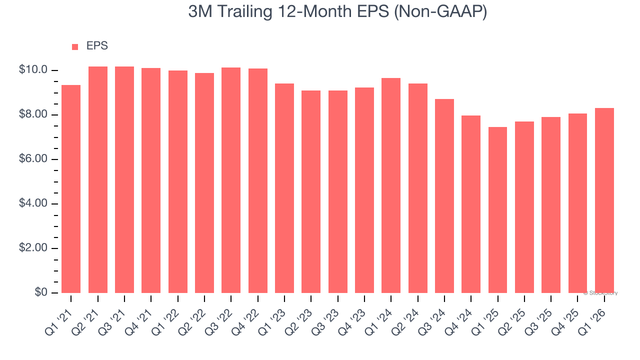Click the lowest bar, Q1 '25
[497, 210]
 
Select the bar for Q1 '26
[604, 200]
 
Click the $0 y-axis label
[41, 292]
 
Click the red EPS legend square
[75, 47]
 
